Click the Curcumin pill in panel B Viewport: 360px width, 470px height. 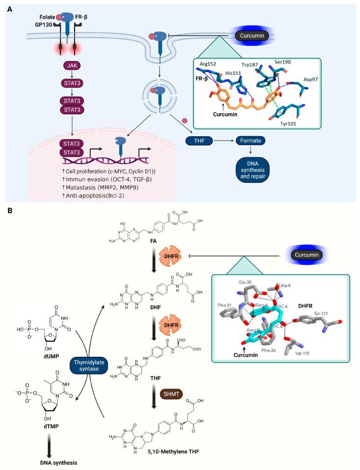(x=307, y=254)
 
